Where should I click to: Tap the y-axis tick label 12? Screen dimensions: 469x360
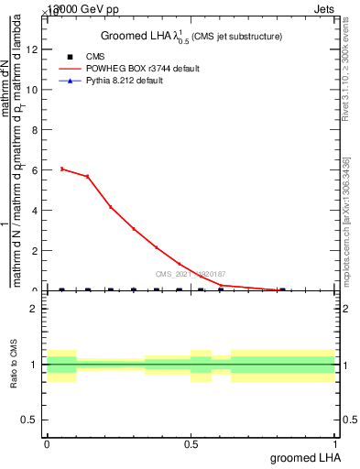pyautogui.click(x=35, y=49)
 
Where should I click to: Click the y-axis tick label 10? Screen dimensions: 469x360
pyautogui.click(x=35, y=90)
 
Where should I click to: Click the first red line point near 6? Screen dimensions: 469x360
pyautogui.click(x=61, y=169)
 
